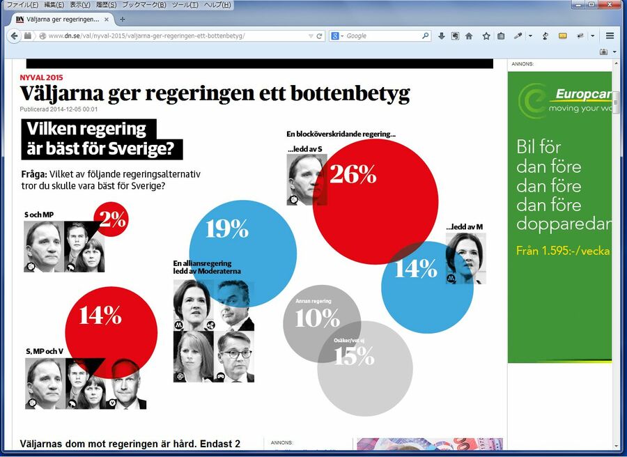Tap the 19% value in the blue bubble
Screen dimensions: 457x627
tap(228, 228)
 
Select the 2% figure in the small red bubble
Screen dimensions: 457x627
tap(112, 219)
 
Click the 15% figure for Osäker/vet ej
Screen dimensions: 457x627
tap(354, 356)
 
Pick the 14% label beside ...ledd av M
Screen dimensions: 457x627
tap(416, 268)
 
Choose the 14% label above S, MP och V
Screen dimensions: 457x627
tap(100, 315)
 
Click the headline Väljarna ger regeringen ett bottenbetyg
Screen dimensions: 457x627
tap(215, 93)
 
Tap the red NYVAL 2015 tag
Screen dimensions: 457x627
tap(41, 77)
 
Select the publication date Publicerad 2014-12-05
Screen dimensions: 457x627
tap(59, 109)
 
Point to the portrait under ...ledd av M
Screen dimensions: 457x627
tap(465, 258)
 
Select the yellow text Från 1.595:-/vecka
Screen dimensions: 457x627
tap(563, 251)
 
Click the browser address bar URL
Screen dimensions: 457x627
tap(146, 36)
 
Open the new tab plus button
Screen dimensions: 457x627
tap(123, 20)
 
